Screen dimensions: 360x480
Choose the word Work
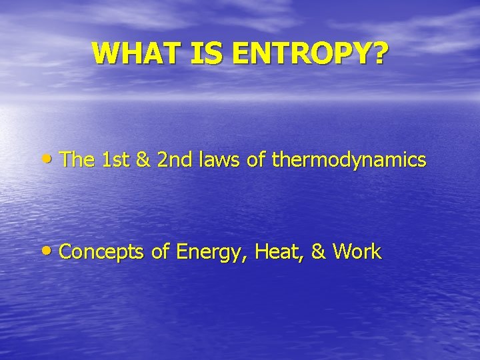(357, 252)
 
